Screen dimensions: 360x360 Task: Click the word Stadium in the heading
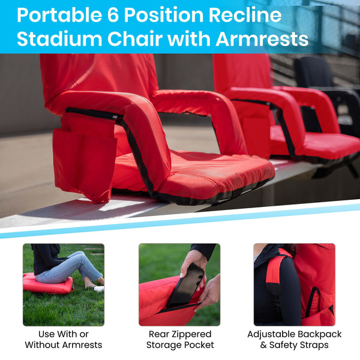55,39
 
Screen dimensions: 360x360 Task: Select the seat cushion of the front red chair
192,174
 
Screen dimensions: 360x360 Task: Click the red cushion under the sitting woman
48,285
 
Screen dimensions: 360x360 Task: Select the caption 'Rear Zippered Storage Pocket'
180,339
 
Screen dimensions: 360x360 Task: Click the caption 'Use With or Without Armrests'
63,339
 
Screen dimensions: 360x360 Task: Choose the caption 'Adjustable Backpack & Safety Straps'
294,339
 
